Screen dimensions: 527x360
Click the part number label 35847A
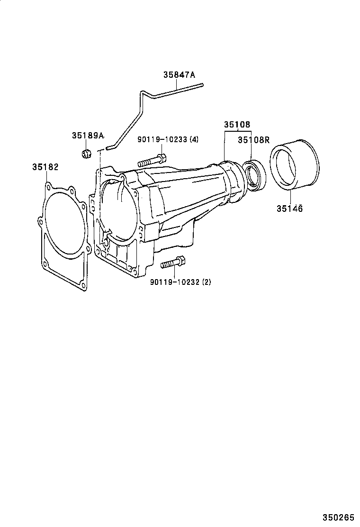coord(179,74)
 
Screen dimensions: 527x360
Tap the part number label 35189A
coord(88,136)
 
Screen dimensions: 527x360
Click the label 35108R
coord(253,140)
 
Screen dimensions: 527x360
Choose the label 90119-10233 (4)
coord(168,139)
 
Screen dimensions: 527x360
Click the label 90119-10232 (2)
coord(180,282)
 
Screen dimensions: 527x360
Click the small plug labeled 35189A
coord(86,153)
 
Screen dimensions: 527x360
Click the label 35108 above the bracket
coord(237,125)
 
